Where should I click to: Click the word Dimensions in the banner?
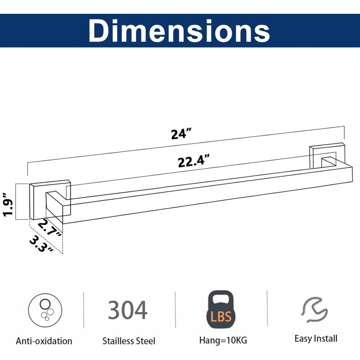pyautogui.click(x=179, y=31)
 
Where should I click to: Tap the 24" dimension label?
pyautogui.click(x=181, y=134)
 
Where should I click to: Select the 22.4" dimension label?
pyautogui.click(x=193, y=161)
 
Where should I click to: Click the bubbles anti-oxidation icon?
pyautogui.click(x=45, y=310)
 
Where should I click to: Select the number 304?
pyautogui.click(x=128, y=310)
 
